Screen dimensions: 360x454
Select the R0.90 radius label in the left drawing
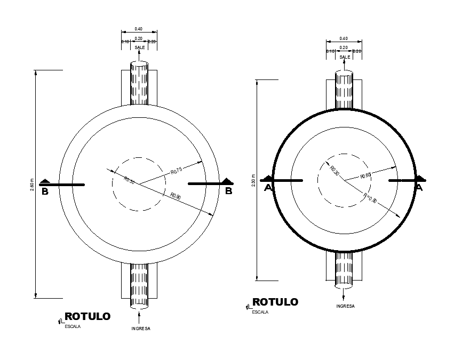176,197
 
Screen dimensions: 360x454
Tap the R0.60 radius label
365,175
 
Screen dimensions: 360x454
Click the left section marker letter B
45,191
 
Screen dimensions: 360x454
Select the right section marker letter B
228,191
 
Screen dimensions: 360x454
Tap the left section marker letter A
268,187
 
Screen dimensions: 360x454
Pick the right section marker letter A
419,187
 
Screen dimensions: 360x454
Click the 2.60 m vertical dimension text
33,185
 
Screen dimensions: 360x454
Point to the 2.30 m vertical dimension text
253,180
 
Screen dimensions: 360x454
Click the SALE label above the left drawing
139,47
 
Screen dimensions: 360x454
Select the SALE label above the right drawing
345,57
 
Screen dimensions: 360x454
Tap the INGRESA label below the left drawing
141,329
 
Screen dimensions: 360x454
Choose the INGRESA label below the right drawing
345,306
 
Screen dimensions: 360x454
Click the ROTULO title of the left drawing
87,317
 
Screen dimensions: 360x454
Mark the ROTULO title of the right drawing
275,302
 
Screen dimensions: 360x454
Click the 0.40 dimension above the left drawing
139,28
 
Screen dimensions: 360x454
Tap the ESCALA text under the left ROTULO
73,327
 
